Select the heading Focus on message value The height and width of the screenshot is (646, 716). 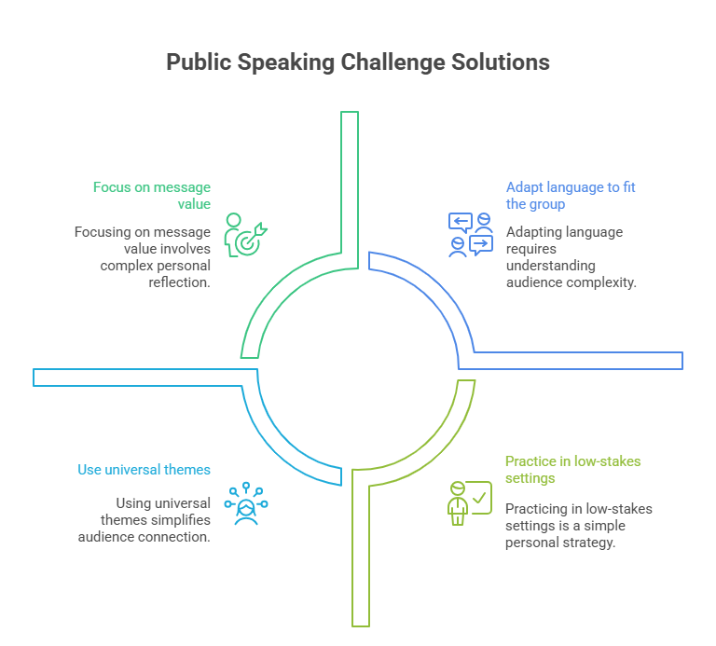[x=152, y=196]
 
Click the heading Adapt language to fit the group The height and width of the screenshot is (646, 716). [x=571, y=196]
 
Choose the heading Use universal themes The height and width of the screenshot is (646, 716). [x=145, y=470]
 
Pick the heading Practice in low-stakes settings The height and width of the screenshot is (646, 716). [x=572, y=470]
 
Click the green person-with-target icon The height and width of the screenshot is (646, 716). [x=245, y=234]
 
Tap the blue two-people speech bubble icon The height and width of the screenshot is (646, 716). [x=470, y=234]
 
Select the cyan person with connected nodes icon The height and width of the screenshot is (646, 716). [x=246, y=504]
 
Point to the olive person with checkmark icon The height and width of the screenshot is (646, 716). [x=468, y=503]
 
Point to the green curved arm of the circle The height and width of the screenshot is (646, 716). [x=270, y=298]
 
